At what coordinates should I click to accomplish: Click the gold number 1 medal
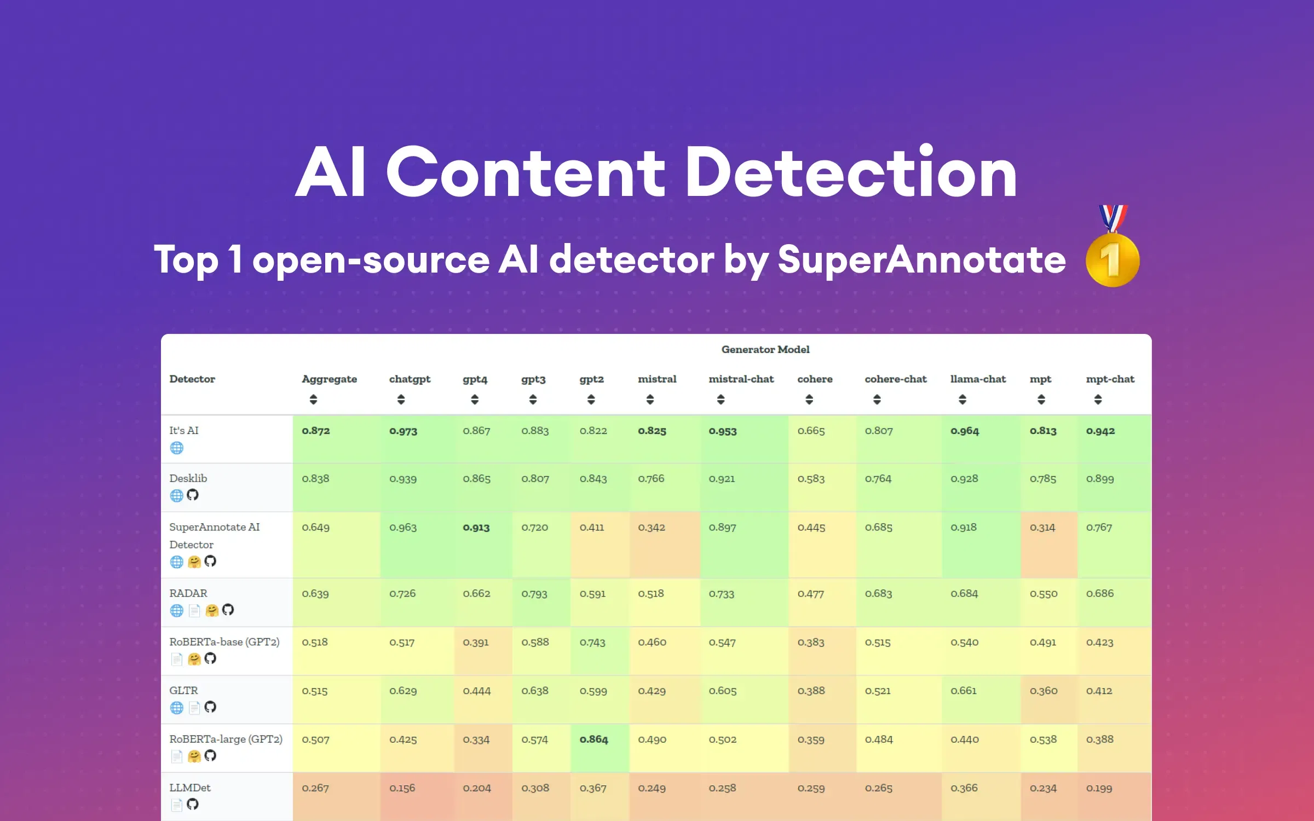(1113, 259)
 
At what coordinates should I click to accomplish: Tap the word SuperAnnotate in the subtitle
(921, 259)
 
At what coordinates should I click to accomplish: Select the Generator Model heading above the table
(765, 349)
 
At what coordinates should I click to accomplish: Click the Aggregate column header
(329, 379)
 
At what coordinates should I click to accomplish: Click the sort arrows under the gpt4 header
(475, 400)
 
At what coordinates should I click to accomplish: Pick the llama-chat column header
(978, 379)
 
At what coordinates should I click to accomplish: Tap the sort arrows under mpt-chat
(1098, 400)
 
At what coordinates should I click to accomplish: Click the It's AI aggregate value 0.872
(316, 431)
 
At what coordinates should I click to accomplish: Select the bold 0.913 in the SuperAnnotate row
(476, 528)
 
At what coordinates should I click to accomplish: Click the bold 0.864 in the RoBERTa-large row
(593, 739)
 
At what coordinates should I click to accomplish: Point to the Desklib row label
(188, 478)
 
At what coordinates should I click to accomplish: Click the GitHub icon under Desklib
(193, 495)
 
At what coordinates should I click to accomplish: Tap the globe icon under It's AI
(176, 448)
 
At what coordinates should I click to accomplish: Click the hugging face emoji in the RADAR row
(212, 610)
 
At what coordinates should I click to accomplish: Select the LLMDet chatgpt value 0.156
(402, 788)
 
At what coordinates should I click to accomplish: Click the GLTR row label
(183, 691)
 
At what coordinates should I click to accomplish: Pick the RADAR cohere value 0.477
(810, 594)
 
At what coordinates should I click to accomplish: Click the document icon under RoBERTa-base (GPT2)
(176, 659)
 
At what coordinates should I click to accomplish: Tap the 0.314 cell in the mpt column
(1042, 528)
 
